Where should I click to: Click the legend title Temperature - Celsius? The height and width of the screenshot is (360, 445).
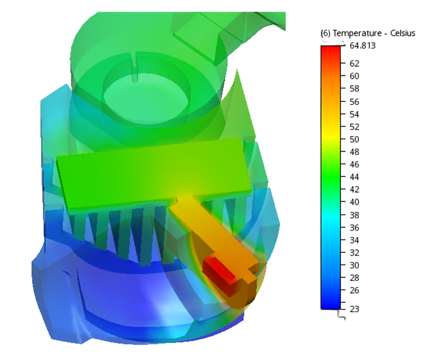pyautogui.click(x=368, y=33)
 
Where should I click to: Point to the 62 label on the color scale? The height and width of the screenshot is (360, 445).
pyautogui.click(x=354, y=63)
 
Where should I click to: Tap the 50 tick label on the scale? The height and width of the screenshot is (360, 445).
pyautogui.click(x=354, y=139)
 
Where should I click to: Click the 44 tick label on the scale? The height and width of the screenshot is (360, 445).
pyautogui.click(x=354, y=177)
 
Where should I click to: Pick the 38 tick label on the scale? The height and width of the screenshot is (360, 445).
pyautogui.click(x=354, y=215)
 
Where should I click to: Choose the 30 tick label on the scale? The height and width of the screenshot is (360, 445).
pyautogui.click(x=354, y=265)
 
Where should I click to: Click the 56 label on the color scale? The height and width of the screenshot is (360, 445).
pyautogui.click(x=354, y=102)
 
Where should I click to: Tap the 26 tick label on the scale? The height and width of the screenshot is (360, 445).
pyautogui.click(x=354, y=291)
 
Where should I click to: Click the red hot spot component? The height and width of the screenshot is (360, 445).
pyautogui.click(x=220, y=269)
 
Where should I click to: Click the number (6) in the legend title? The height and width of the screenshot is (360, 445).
pyautogui.click(x=325, y=33)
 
